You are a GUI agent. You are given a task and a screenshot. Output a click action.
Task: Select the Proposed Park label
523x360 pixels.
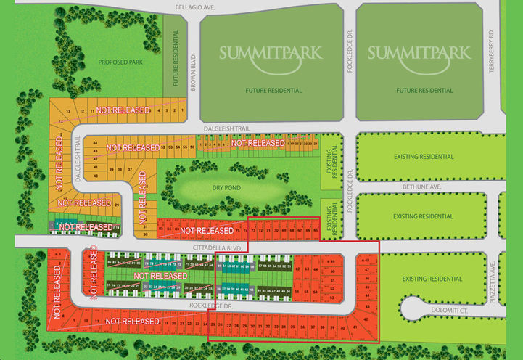pyautogui.click(x=120, y=63)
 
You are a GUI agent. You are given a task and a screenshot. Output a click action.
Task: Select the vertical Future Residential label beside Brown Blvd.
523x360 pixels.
pyautogui.click(x=175, y=57)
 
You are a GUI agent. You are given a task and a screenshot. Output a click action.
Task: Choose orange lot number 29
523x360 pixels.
pyautogui.click(x=117, y=205)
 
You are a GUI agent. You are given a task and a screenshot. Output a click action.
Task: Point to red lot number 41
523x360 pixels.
pyautogui.click(x=355, y=328)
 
